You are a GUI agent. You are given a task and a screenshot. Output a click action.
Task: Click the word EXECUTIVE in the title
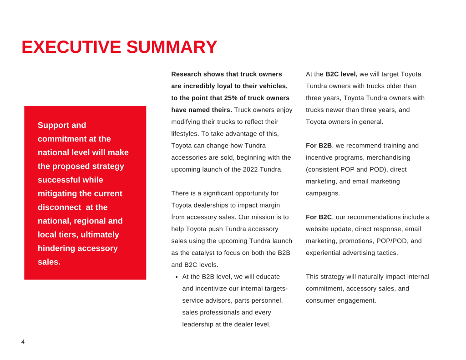pos(71,47)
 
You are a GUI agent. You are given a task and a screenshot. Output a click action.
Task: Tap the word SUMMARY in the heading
pos(172,47)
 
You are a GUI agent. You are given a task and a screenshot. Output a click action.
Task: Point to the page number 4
pos(23,342)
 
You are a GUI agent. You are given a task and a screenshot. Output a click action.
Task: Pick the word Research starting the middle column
pos(186,74)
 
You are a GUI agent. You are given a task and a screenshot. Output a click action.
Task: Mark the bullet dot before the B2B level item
pos(177,277)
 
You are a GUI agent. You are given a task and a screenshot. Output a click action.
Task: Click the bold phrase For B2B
pos(319,146)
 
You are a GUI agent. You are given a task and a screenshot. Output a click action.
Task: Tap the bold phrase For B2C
pos(319,217)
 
